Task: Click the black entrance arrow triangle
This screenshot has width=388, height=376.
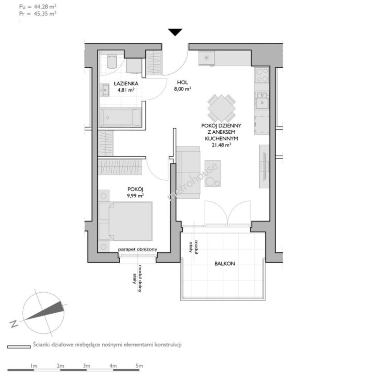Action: [175, 32]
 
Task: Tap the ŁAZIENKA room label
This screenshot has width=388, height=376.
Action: [126, 84]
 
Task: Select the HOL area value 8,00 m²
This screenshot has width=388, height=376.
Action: [183, 89]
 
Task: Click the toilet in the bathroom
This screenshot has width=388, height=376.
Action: [112, 62]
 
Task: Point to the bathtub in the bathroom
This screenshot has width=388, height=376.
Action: [121, 117]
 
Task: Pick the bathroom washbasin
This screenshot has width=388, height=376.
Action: [105, 90]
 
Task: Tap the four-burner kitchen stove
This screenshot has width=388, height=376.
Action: [262, 75]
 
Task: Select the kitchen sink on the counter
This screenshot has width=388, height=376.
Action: [262, 101]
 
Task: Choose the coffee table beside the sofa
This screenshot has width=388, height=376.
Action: [213, 173]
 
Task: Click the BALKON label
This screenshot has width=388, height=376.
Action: [225, 264]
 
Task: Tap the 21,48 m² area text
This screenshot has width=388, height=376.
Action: [221, 145]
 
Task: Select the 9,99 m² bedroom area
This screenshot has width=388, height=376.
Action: [135, 196]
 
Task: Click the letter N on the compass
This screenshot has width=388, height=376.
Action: [14, 324]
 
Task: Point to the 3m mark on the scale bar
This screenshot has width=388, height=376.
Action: [87, 366]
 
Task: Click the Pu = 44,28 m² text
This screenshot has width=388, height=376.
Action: [38, 7]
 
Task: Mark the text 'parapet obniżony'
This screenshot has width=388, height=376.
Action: [137, 249]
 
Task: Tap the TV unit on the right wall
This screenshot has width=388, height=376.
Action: [264, 166]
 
